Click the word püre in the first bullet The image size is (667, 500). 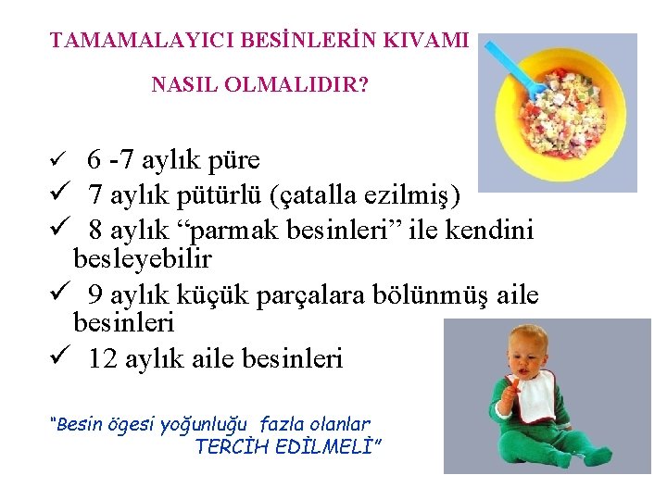pos(229,160)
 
